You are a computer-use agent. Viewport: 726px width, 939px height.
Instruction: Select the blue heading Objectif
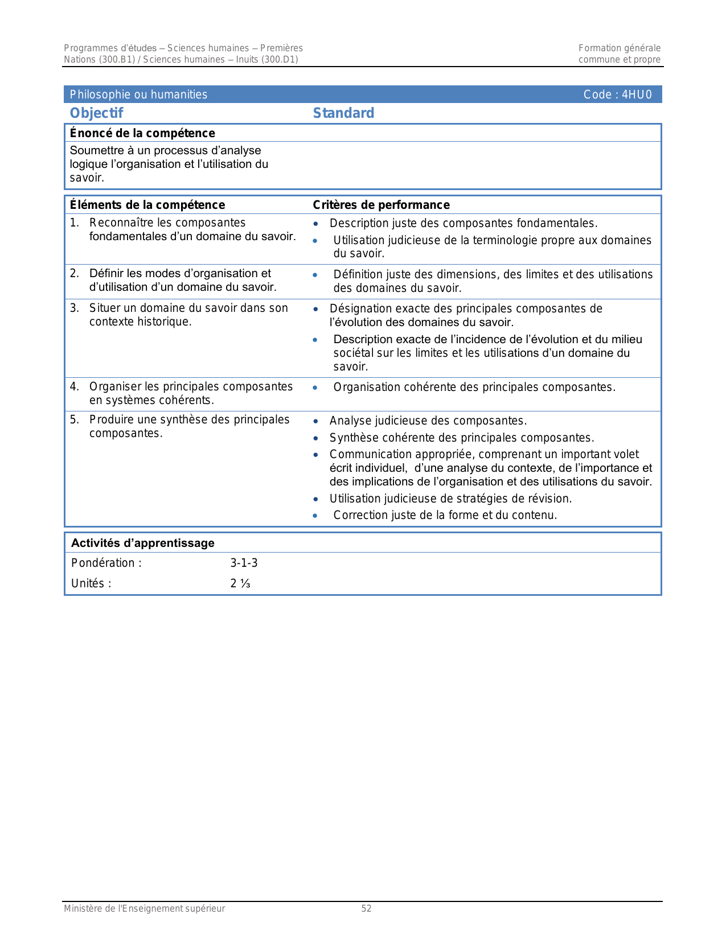(x=96, y=113)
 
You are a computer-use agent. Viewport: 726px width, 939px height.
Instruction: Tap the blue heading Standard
(x=343, y=113)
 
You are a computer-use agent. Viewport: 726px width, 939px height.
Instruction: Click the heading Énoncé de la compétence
(x=142, y=133)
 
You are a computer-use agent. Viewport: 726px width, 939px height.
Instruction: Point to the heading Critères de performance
(x=381, y=205)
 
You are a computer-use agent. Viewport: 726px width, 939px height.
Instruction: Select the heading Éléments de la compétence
(x=147, y=205)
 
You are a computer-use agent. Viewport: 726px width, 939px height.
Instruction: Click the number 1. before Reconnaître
(x=74, y=223)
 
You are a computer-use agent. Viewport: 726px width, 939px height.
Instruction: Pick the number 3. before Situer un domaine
(x=74, y=308)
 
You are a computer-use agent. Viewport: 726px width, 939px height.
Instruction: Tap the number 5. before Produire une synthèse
(x=74, y=419)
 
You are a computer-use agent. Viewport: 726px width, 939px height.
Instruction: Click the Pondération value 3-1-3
(x=244, y=563)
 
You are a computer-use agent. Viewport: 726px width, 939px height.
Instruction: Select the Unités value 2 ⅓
(x=240, y=583)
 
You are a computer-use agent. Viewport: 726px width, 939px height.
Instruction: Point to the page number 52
(x=366, y=909)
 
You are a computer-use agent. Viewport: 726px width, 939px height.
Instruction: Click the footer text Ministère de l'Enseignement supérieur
(x=144, y=909)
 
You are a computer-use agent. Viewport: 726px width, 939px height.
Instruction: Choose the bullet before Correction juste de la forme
(x=315, y=516)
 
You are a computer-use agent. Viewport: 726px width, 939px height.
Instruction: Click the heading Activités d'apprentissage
(x=142, y=543)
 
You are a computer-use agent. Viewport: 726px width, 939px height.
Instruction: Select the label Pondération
(x=103, y=563)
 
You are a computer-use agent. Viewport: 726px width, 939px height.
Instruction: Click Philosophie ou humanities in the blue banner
(x=138, y=94)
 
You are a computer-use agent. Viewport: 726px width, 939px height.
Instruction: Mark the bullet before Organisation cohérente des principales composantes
(x=315, y=388)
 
